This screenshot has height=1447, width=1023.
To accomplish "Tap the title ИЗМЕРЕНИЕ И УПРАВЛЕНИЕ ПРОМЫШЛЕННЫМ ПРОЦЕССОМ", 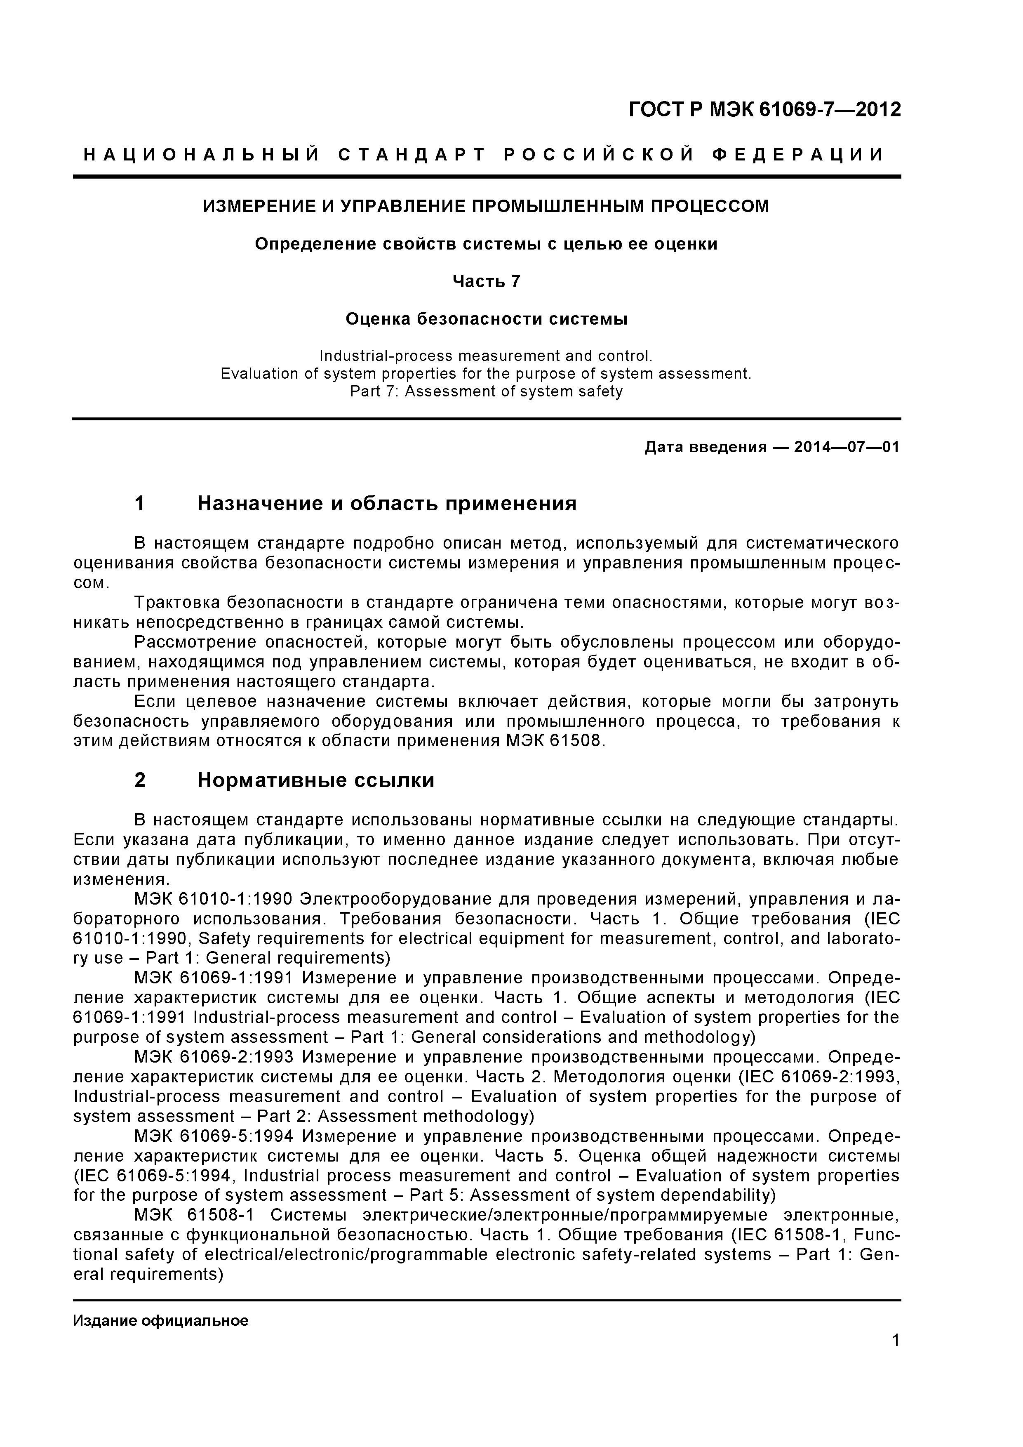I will click(x=486, y=206).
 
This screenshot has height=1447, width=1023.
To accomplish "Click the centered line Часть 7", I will click(x=486, y=281).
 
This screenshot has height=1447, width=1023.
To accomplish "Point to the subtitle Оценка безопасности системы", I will click(x=486, y=320).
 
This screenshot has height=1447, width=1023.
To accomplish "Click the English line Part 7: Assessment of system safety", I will click(x=486, y=391).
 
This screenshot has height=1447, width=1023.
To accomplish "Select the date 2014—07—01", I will click(x=847, y=448).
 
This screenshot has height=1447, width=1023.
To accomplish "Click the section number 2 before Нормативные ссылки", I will click(x=140, y=780).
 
